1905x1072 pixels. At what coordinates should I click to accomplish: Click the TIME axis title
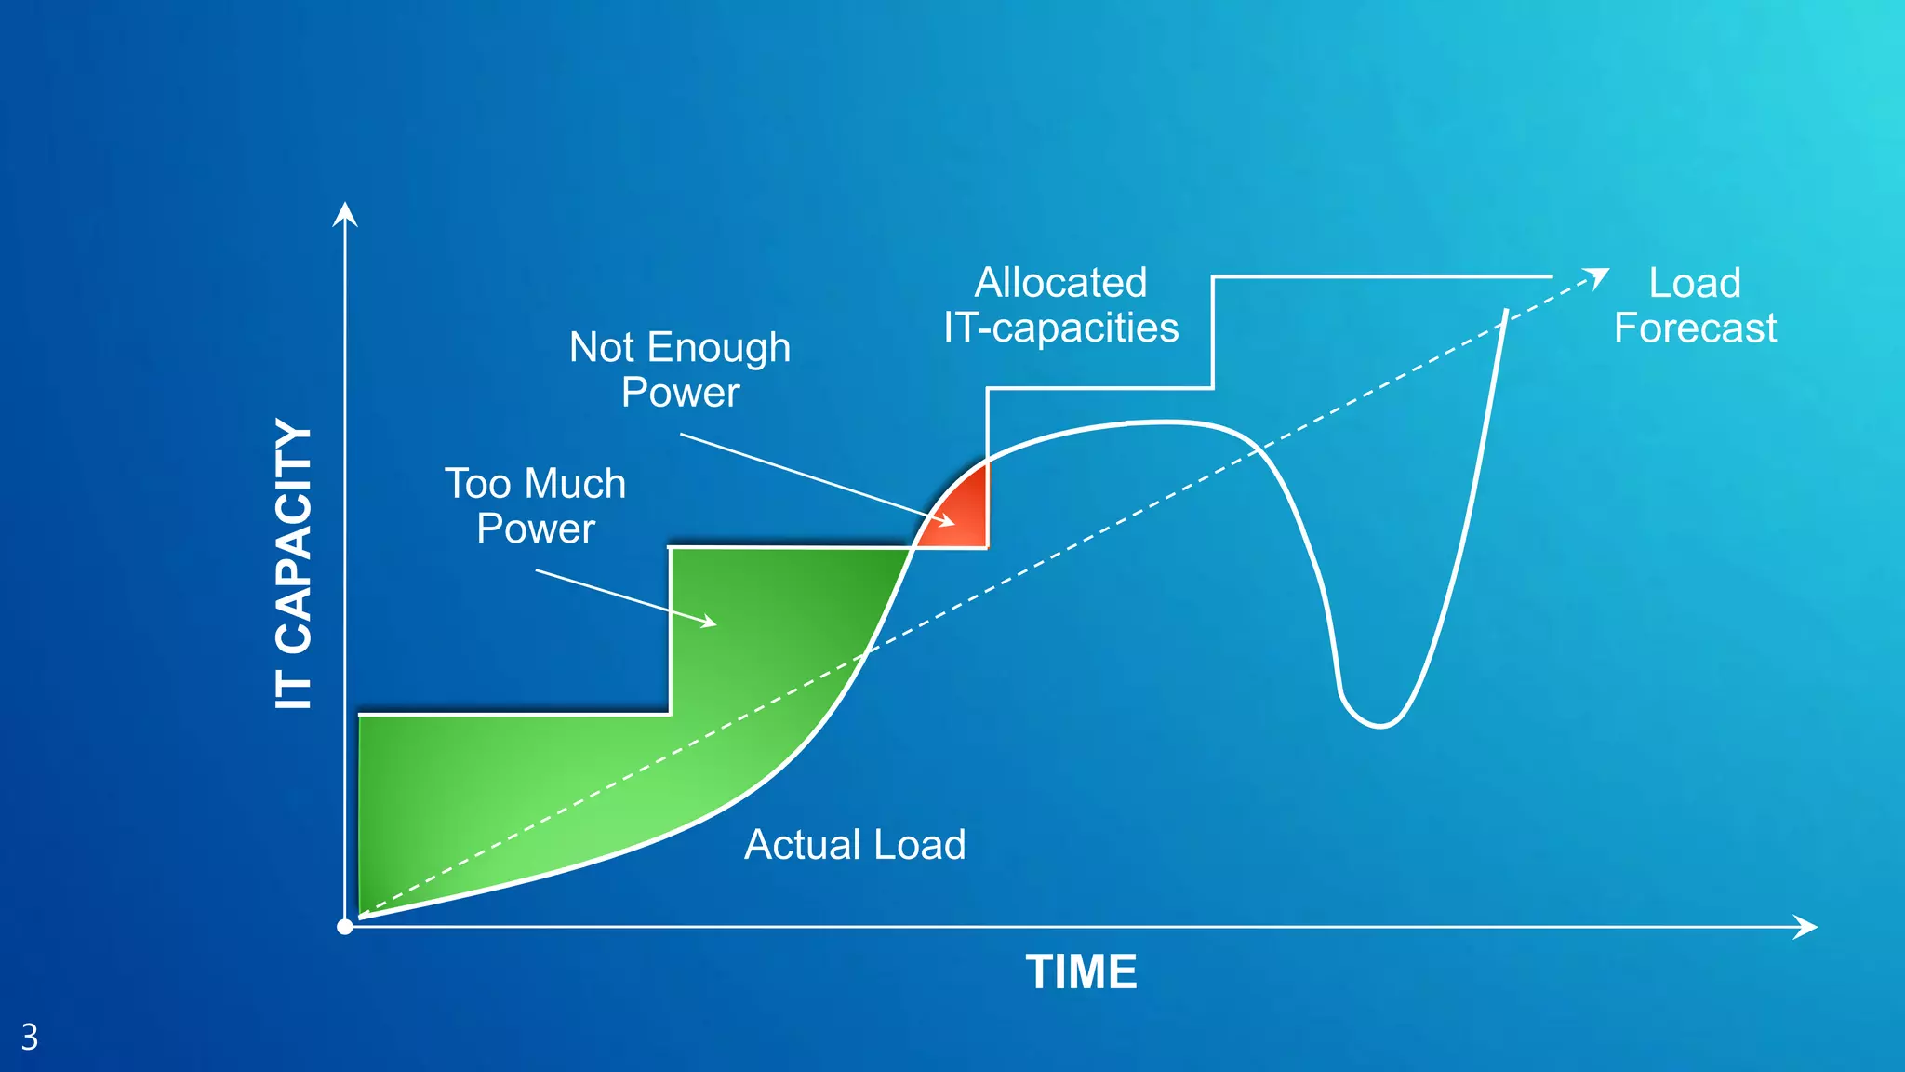click(1081, 972)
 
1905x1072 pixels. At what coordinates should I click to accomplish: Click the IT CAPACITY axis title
click(294, 564)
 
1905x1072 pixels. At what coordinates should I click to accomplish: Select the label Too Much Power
click(536, 505)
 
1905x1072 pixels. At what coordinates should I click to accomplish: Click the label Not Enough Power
click(680, 369)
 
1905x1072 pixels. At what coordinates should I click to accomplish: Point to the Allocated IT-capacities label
click(1060, 305)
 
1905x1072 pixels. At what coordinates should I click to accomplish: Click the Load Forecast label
click(1695, 305)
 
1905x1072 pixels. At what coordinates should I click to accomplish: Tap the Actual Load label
click(855, 845)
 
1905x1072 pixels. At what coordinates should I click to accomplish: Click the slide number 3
click(30, 1037)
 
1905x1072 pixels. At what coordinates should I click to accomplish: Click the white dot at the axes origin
click(345, 927)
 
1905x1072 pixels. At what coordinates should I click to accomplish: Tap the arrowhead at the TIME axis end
click(1806, 927)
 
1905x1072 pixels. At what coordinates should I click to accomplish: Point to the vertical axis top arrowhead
click(345, 213)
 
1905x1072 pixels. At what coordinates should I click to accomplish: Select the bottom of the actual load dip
click(1379, 725)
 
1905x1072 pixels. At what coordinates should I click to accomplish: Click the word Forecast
click(1695, 328)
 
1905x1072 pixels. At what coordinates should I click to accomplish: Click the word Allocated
click(1060, 283)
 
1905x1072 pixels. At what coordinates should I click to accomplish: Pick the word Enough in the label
click(719, 348)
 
